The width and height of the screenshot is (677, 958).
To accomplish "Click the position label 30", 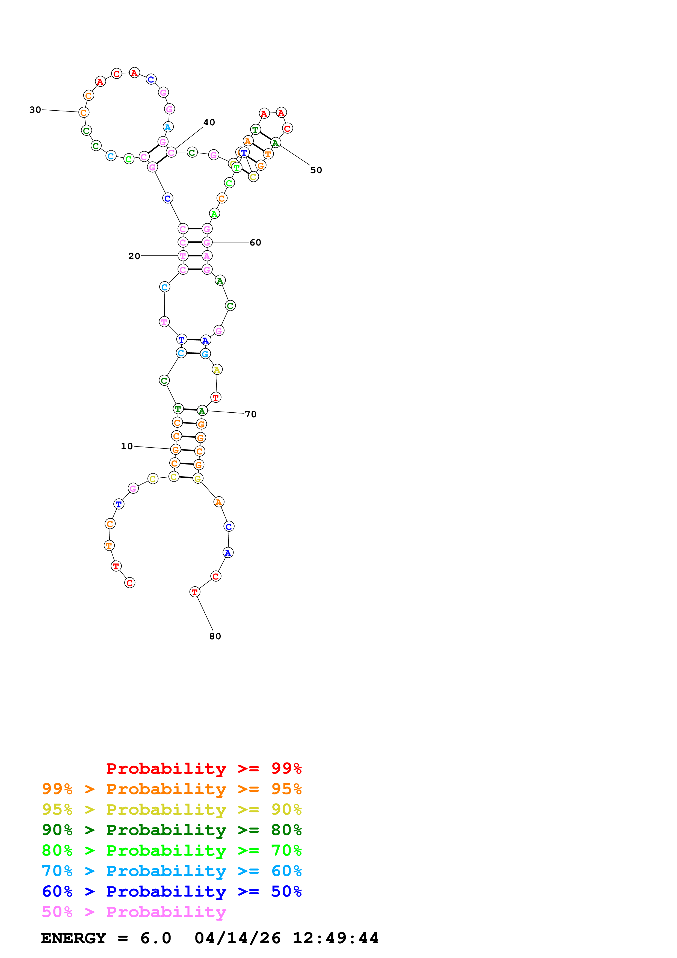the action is (x=35, y=110).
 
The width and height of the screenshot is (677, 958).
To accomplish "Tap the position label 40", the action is (x=209, y=122).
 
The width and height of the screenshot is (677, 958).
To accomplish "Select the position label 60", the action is (x=255, y=243).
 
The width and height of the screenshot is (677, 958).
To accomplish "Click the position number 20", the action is (x=134, y=256).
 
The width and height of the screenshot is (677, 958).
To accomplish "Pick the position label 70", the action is (x=250, y=414).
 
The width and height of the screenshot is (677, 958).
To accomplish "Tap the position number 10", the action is (x=127, y=447).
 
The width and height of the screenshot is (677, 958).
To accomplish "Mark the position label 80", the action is (x=215, y=636).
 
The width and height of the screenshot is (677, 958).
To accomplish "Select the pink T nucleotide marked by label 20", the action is (x=183, y=256).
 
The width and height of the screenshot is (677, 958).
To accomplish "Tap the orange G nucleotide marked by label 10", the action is (x=176, y=450).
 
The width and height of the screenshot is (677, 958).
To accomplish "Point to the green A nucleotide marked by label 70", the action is (x=202, y=411).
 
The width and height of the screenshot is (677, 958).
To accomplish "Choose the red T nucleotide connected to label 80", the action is (x=195, y=592).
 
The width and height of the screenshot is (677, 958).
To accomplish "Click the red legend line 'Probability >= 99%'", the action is (x=203, y=768).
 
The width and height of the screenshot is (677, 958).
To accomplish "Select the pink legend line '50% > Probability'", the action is (x=134, y=912).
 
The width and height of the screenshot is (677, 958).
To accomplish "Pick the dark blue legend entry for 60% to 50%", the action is (x=172, y=892).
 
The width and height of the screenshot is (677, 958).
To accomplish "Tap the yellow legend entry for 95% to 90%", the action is (x=172, y=809).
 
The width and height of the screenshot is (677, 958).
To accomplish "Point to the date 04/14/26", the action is (x=237, y=938).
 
